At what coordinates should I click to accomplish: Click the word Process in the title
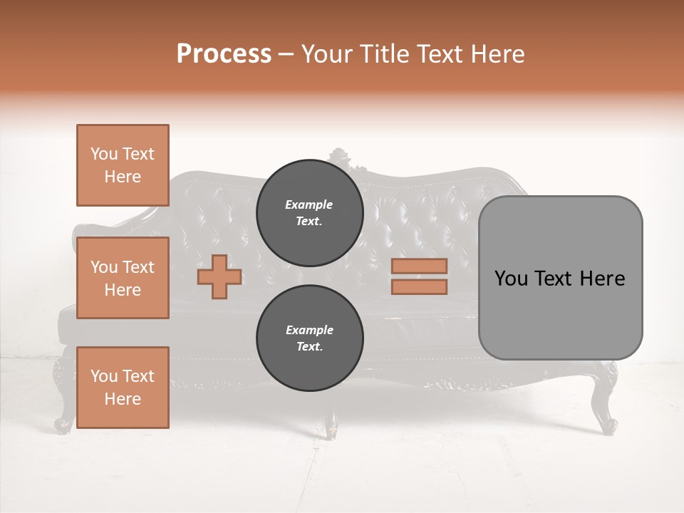point(224,54)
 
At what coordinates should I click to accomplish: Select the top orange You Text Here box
point(123,165)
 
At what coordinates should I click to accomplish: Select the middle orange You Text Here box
point(123,278)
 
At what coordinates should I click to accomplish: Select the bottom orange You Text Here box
point(123,388)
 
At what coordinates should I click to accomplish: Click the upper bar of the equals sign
point(419,266)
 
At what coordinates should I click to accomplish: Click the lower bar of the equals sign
point(419,286)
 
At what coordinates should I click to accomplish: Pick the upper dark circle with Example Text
point(309,213)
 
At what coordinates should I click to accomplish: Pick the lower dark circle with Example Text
point(309,338)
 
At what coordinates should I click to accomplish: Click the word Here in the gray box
point(602,278)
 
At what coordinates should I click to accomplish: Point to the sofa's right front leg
point(608,413)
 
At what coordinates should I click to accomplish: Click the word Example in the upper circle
point(309,204)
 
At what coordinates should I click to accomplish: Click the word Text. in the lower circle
point(309,347)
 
